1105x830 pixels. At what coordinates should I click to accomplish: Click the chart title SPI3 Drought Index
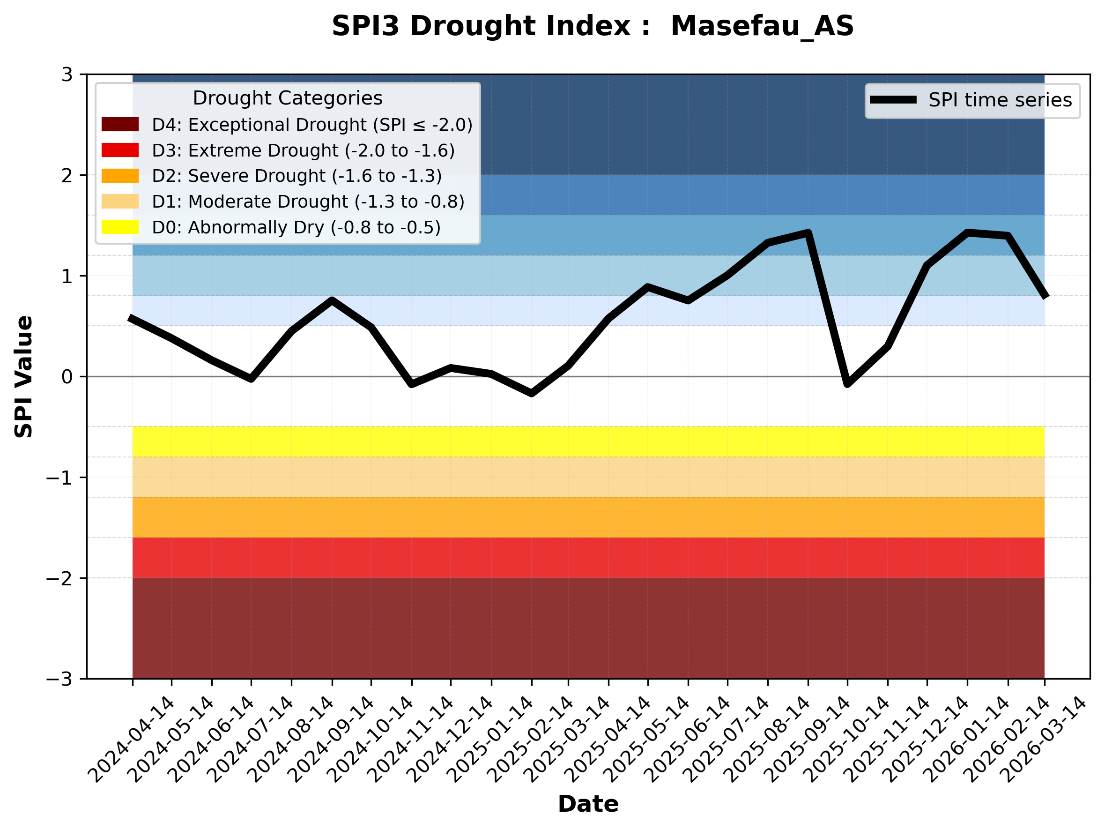tap(593, 26)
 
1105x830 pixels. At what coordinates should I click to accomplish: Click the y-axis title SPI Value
tap(23, 377)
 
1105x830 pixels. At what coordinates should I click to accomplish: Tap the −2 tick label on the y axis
tap(59, 579)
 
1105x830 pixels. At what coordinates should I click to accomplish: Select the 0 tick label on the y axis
tap(67, 377)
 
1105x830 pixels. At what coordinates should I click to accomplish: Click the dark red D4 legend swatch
tap(120, 124)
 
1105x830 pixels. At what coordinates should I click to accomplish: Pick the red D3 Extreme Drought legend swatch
tap(120, 150)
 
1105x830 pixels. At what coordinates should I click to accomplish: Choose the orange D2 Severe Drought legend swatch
tap(120, 176)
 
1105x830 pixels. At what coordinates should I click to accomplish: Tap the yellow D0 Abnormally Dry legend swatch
tap(120, 227)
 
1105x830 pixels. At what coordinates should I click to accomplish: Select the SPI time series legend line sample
tap(893, 100)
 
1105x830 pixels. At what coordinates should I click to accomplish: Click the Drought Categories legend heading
tap(288, 98)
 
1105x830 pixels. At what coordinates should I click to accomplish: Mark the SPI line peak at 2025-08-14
tap(808, 232)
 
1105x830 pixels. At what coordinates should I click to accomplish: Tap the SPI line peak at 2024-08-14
tap(332, 300)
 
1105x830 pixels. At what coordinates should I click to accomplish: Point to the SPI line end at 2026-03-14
tap(1044, 296)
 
